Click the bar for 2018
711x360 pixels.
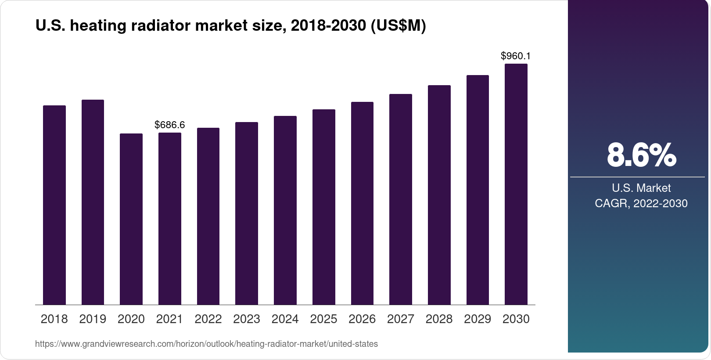click(x=54, y=205)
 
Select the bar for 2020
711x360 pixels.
click(x=131, y=219)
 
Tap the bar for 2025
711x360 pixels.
click(x=323, y=207)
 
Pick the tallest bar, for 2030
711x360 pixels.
click(x=516, y=184)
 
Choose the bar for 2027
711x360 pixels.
click(x=400, y=199)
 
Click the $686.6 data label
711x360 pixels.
click(x=170, y=125)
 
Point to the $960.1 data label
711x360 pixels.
click(x=516, y=56)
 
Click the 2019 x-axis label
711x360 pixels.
click(x=93, y=319)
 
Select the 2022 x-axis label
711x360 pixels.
click(x=208, y=319)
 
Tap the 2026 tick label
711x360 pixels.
click(x=362, y=319)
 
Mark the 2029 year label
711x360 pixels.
click(x=478, y=319)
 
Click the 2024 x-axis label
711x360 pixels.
click(x=285, y=319)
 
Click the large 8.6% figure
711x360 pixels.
click(x=641, y=155)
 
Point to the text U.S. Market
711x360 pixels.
click(x=641, y=188)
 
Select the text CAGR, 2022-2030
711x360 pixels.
click(x=641, y=204)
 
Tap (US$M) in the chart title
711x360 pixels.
click(x=398, y=26)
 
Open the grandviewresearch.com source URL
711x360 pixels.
click(x=206, y=344)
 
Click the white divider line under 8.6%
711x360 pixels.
click(x=637, y=177)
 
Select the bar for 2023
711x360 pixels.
click(x=247, y=213)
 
